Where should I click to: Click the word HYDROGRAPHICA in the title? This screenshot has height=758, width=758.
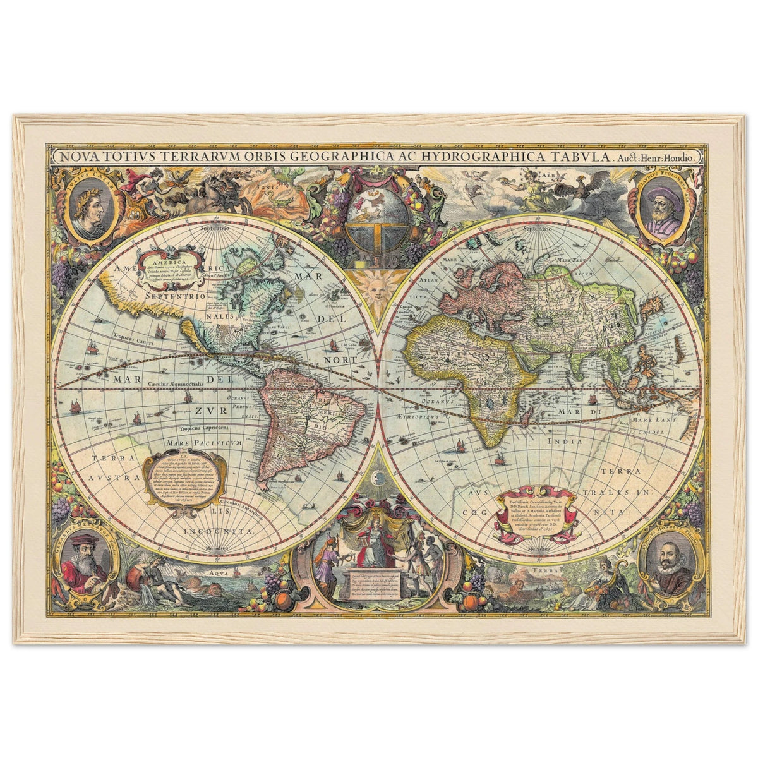click(489, 157)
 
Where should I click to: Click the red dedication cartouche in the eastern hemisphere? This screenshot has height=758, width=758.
click(536, 512)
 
